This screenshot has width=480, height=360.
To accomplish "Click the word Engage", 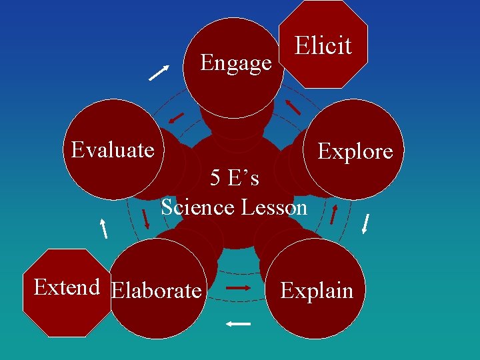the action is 236,63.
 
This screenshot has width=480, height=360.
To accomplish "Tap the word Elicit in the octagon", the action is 323,46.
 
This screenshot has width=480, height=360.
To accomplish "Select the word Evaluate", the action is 113,150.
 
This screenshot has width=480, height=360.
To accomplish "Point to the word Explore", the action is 355,151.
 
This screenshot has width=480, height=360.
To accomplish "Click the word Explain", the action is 317,291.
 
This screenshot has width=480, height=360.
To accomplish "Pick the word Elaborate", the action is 157,291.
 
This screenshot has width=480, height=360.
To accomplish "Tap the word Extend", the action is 67,287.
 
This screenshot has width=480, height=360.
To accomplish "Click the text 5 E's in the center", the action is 234,179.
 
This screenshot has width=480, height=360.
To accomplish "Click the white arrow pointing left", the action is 238,324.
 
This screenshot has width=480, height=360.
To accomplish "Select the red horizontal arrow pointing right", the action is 238,288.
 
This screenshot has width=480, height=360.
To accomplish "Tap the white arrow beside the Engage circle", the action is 159,72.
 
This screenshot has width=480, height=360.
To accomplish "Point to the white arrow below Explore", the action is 365,223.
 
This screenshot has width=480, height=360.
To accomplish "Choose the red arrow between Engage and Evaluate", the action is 176,118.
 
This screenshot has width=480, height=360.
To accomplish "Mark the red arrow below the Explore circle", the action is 334,213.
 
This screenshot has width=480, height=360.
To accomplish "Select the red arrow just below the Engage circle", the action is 176,118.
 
